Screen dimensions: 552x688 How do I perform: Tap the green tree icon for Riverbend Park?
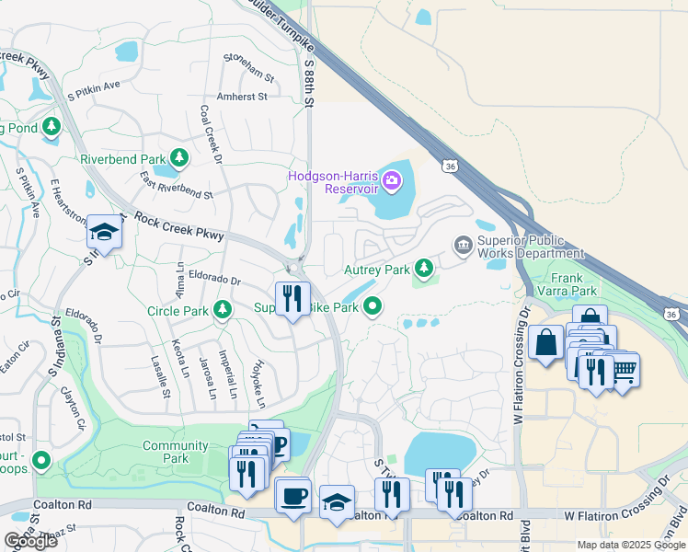click(x=179, y=158)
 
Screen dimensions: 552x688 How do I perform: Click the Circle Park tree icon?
click(x=222, y=311)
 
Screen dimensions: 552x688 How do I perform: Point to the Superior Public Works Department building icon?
click(x=462, y=245)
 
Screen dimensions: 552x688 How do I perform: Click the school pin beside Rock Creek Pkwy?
click(x=104, y=236)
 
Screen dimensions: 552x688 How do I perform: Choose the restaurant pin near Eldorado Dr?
click(x=292, y=300)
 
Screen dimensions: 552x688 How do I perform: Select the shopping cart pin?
click(x=624, y=372)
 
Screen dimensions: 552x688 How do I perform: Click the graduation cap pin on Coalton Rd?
click(x=337, y=503)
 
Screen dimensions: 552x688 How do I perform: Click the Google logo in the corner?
click(x=30, y=541)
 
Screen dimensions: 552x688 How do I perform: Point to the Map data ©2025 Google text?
click(x=629, y=545)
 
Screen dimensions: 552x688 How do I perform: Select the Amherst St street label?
click(x=241, y=96)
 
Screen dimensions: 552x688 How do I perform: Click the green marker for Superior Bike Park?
click(x=373, y=306)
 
